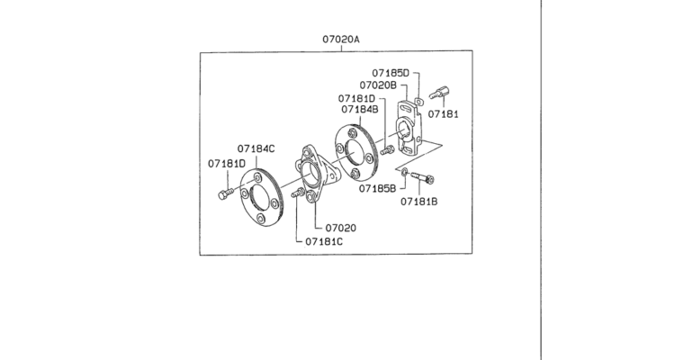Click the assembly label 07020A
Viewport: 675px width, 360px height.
[x=341, y=40]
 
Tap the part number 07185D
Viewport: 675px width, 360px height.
[x=391, y=73]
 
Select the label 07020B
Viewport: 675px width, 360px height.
[x=378, y=85]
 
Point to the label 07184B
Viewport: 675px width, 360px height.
[x=360, y=110]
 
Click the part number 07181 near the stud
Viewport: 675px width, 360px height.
[x=444, y=114]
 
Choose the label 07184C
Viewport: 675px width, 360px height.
[x=256, y=148]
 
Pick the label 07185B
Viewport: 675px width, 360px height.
[x=377, y=188]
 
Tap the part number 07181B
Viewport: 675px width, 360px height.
[x=419, y=201]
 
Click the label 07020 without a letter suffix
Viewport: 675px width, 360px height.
[x=341, y=228]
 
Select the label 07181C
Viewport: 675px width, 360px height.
[x=324, y=241]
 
